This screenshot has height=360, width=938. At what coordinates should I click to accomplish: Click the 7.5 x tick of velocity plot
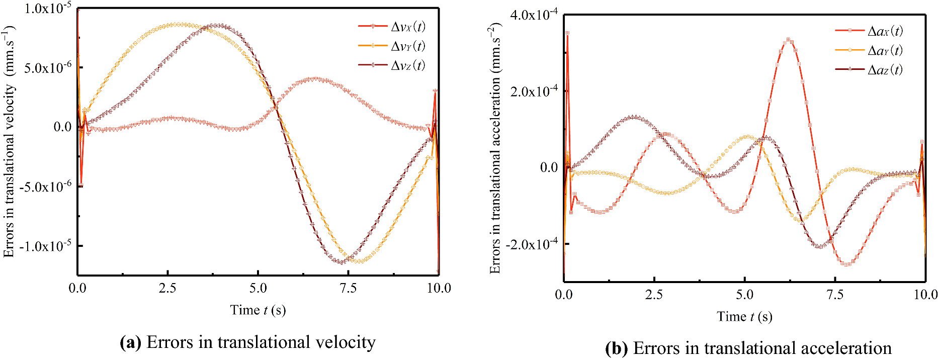point(348,288)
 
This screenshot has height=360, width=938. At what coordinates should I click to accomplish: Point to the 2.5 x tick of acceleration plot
point(654,295)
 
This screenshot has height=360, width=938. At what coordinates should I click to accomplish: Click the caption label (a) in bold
point(131,343)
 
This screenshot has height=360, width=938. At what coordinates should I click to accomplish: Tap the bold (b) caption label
point(617,348)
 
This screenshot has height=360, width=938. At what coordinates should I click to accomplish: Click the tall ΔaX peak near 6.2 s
point(789,40)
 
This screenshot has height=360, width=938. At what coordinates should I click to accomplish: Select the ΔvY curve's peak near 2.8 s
point(179,24)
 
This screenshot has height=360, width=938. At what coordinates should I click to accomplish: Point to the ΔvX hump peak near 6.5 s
point(315,78)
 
